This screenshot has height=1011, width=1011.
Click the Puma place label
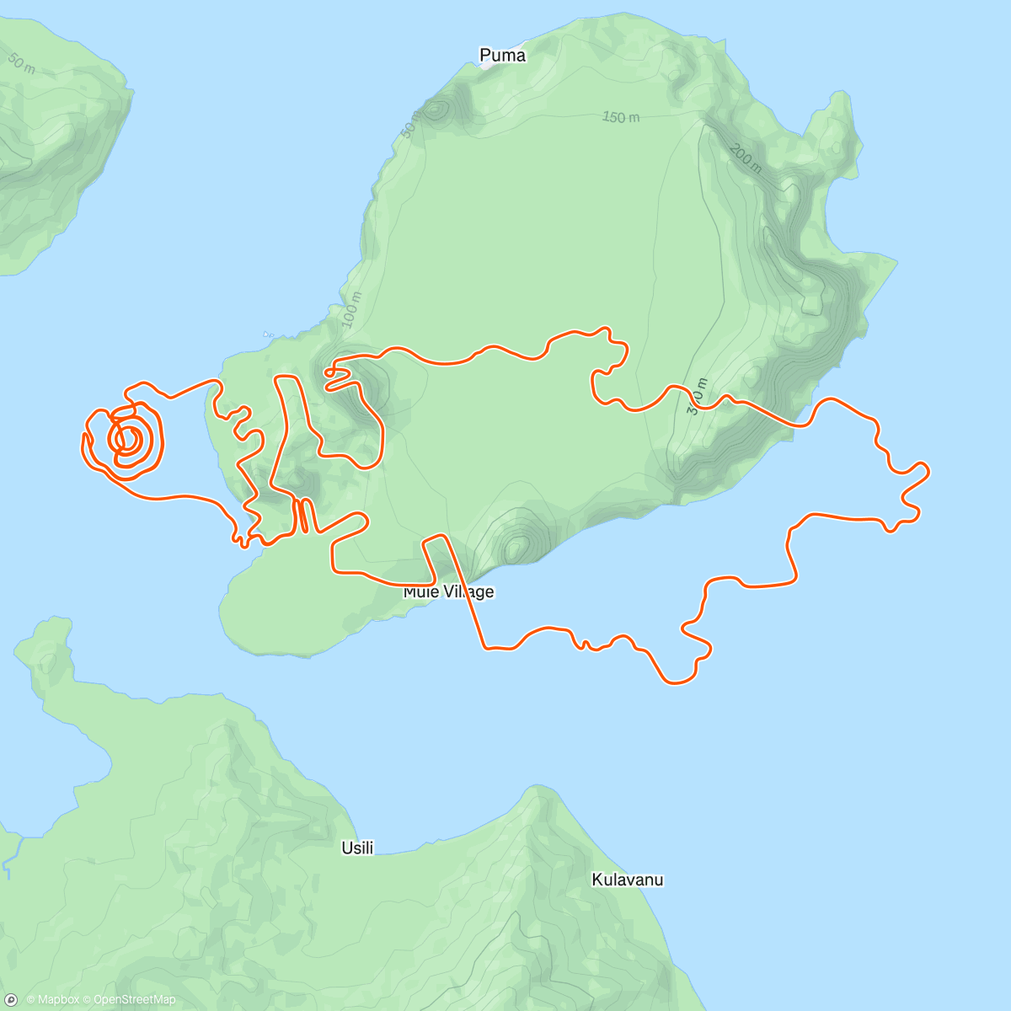(502, 56)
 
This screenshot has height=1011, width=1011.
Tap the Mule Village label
(448, 591)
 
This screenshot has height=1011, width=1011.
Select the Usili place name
(357, 848)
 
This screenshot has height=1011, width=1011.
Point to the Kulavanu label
(627, 880)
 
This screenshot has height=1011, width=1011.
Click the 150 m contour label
(620, 117)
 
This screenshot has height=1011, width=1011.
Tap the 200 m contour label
(746, 158)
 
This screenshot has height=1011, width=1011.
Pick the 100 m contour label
(351, 309)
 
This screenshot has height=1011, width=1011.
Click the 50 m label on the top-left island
(21, 63)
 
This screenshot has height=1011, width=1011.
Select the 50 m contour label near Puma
(409, 124)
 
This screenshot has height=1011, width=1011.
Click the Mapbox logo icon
(12, 999)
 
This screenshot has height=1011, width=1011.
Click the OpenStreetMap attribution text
(133, 1000)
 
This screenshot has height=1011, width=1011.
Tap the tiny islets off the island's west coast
(268, 334)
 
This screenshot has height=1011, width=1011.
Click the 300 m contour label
(697, 396)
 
